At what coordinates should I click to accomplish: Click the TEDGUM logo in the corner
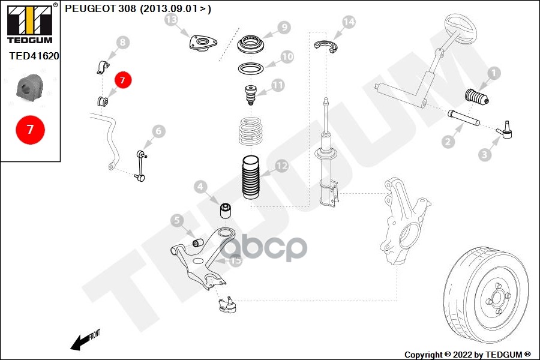(x=30, y=23)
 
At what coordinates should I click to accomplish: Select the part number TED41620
(x=34, y=56)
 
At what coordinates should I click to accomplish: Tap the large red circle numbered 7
(x=31, y=130)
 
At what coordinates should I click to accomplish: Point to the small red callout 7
(x=122, y=80)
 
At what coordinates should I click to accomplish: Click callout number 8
(x=122, y=43)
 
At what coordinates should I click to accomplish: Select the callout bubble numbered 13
(x=171, y=20)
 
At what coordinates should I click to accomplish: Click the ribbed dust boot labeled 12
(x=251, y=178)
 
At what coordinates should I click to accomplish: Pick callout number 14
(x=349, y=22)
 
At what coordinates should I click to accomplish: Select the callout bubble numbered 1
(x=494, y=73)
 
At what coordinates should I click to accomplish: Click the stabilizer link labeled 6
(x=142, y=166)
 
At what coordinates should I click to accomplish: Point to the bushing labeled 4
(x=226, y=211)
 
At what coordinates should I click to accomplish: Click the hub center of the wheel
(x=497, y=298)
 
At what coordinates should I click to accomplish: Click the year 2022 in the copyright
(x=463, y=355)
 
